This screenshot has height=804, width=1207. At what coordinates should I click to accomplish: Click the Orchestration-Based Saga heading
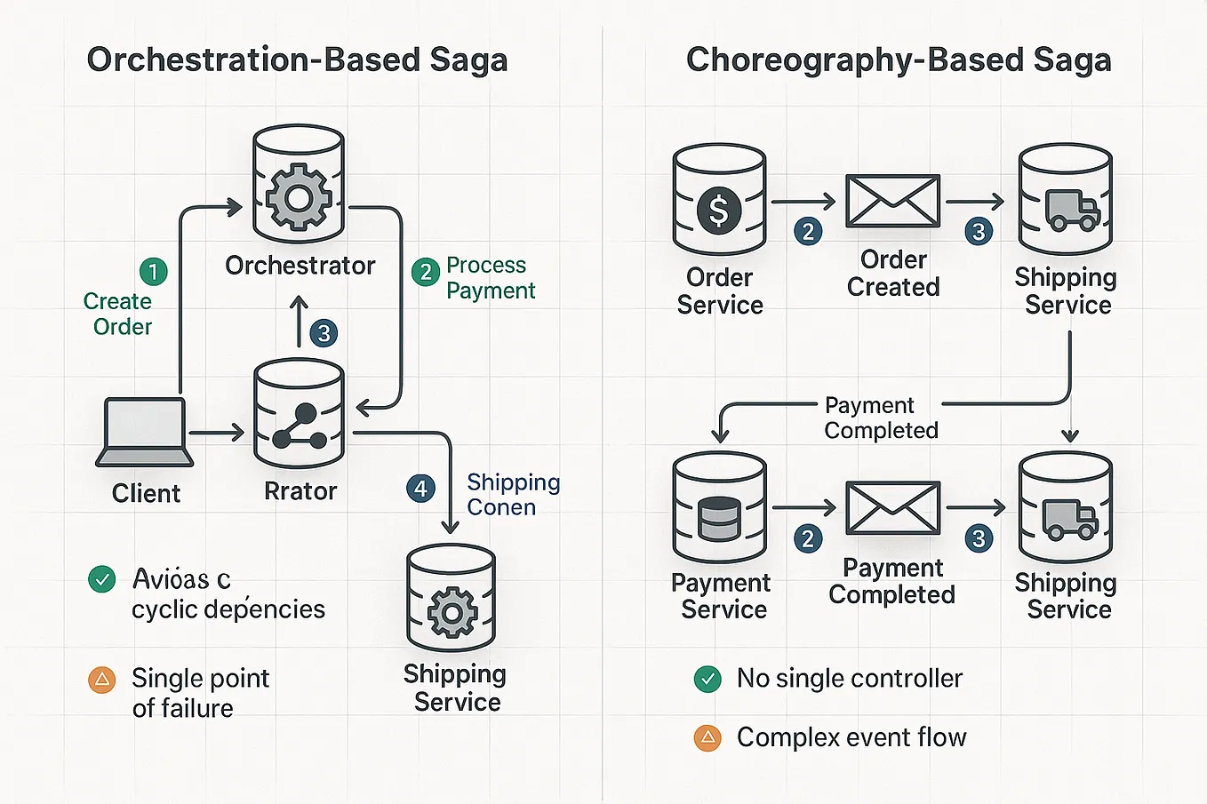(x=297, y=60)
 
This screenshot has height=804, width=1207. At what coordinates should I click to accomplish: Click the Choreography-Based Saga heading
(x=898, y=60)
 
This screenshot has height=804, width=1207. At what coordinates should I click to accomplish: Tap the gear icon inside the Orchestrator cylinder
(x=299, y=196)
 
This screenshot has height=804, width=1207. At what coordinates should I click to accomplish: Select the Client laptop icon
(x=145, y=433)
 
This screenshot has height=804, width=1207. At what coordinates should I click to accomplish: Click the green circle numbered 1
(x=153, y=271)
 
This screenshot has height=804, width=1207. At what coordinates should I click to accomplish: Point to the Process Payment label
(x=490, y=277)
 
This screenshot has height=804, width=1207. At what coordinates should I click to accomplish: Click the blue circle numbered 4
(x=420, y=488)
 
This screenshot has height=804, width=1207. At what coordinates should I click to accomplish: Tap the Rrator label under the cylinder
(x=300, y=491)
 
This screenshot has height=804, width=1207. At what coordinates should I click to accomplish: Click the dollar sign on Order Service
(x=718, y=211)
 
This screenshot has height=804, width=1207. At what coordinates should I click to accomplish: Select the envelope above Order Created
(x=891, y=201)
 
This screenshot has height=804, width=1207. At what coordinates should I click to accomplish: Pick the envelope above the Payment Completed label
(x=891, y=508)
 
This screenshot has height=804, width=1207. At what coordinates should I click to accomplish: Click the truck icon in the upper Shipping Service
(x=1072, y=211)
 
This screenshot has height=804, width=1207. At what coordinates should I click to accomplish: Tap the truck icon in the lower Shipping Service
(x=1070, y=520)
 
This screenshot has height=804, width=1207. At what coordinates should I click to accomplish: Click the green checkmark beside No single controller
(x=707, y=680)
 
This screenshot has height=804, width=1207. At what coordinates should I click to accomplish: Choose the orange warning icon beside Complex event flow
(x=707, y=737)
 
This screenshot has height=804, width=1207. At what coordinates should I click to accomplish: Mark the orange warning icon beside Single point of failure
(x=102, y=681)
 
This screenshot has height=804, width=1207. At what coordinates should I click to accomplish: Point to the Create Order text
(x=119, y=314)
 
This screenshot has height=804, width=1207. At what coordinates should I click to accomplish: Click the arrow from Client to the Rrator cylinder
(x=216, y=433)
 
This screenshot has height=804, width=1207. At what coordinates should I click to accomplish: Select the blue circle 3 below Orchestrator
(x=324, y=333)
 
